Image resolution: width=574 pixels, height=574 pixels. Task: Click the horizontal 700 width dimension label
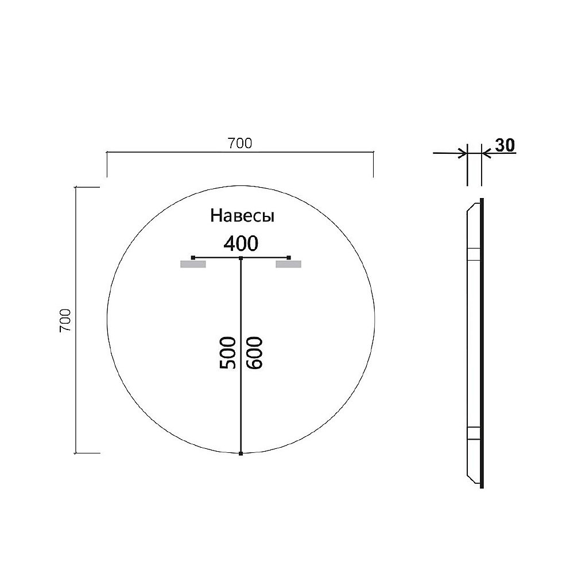coord(240,144)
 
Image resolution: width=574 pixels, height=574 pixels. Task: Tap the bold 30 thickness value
coord(504,146)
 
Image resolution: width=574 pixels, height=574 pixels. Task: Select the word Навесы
coord(242,216)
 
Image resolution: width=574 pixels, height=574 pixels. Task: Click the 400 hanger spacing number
coord(241,244)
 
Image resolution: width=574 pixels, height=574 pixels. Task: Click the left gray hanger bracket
coord(193,264)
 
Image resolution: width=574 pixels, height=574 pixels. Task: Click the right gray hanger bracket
coord(288,264)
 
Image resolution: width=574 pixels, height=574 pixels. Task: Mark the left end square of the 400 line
coord(193,257)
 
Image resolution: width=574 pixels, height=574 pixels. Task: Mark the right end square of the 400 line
coord(289,257)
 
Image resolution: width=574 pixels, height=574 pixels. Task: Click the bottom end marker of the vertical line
coord(241,453)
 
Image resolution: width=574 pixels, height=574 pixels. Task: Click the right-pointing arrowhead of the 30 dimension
coord(462,153)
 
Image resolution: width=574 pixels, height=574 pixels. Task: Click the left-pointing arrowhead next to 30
coord(486,153)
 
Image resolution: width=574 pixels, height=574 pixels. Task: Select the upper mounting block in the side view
coord(474,254)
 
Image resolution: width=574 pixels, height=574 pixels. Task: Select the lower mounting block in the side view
coord(474,433)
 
